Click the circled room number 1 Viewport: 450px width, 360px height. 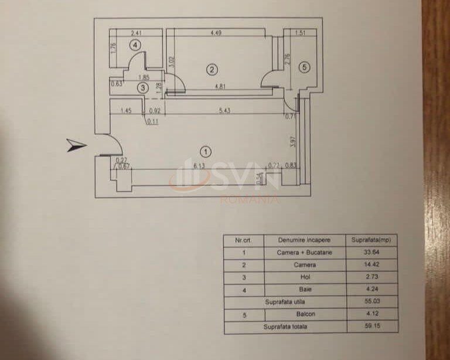click(206, 152)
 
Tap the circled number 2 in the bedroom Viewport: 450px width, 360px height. click(212, 69)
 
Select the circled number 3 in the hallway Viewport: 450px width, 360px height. click(143, 88)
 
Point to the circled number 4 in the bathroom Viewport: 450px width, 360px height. click(135, 45)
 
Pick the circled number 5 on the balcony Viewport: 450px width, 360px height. click(304, 67)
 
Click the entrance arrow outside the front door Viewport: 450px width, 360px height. click(76, 145)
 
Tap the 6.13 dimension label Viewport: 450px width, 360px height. click(199, 166)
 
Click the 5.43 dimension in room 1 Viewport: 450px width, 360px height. click(225, 111)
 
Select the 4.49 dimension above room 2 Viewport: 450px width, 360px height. click(216, 32)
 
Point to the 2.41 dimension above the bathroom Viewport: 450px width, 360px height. click(136, 33)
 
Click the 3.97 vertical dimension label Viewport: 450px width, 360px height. click(293, 141)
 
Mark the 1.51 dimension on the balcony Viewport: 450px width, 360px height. click(300, 33)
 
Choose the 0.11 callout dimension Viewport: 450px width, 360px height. click(153, 122)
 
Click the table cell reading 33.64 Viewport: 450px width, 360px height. click(371, 252)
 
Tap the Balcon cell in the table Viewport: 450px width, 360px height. click(306, 314)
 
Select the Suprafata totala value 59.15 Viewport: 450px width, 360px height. click(372, 325)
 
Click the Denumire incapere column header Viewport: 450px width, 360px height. click(304, 240)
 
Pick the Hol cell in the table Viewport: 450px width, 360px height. click(305, 277)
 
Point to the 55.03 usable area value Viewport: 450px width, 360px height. click(372, 301)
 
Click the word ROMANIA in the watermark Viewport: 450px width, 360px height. click(250, 199)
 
